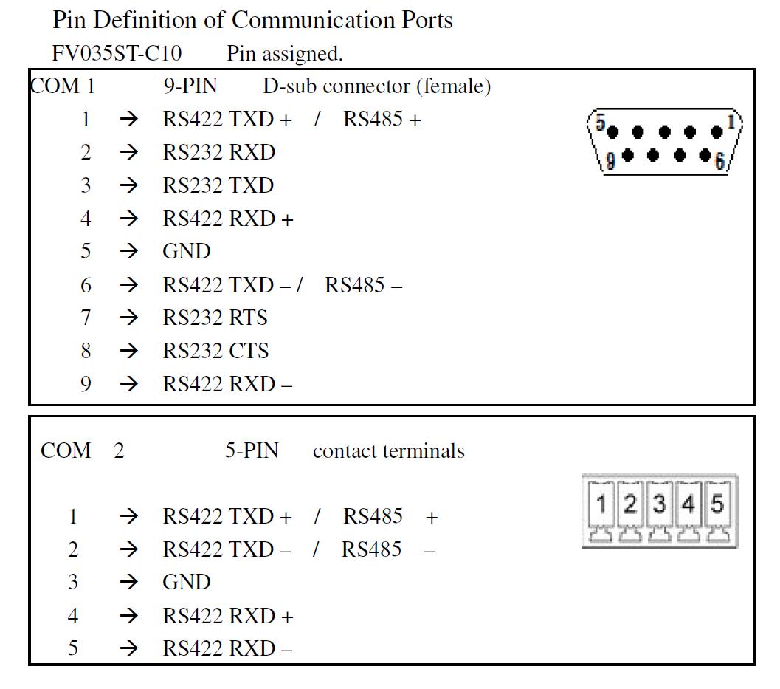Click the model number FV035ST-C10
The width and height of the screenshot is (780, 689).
(x=117, y=53)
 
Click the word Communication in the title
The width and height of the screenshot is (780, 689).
(x=314, y=20)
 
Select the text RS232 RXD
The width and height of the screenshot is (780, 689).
(x=219, y=152)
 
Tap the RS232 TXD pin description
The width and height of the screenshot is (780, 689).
(x=218, y=185)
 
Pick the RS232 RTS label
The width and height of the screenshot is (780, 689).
(x=215, y=318)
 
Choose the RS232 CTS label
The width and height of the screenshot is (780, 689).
(x=216, y=351)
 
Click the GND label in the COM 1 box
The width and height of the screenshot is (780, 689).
(x=187, y=251)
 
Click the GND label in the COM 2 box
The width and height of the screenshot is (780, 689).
(x=187, y=582)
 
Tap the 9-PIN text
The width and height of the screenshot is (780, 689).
(x=190, y=86)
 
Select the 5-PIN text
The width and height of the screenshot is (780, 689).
(x=252, y=450)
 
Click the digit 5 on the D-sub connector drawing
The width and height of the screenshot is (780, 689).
(x=601, y=123)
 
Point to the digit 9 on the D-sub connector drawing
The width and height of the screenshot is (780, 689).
(x=610, y=160)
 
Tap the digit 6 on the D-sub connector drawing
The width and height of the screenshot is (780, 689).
(x=719, y=161)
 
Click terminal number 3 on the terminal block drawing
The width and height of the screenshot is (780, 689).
(x=660, y=504)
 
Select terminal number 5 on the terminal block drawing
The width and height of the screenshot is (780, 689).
(x=717, y=504)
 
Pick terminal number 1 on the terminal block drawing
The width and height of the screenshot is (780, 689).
(x=601, y=504)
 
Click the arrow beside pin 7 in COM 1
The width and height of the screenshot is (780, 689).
(x=129, y=318)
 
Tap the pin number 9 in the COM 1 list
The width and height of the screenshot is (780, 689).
(x=86, y=384)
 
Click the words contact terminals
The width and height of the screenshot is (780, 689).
(x=388, y=451)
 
